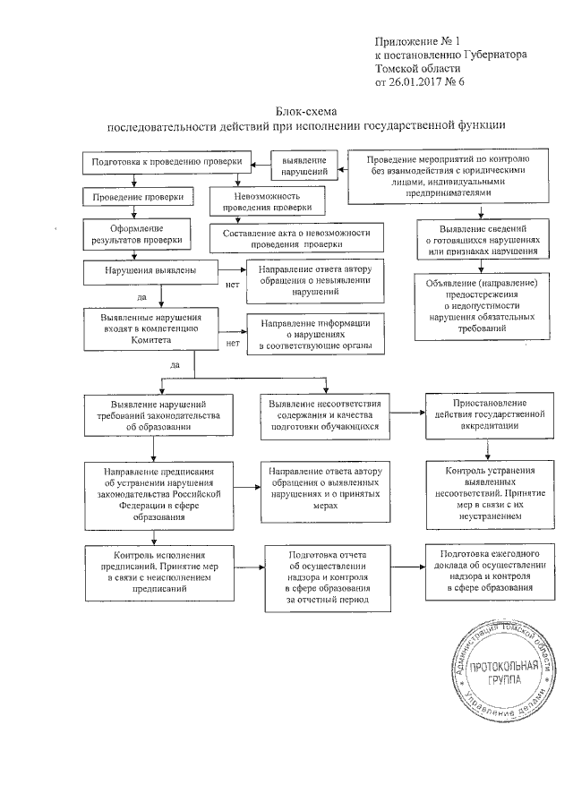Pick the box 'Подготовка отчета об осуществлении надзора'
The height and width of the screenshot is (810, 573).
coord(327,577)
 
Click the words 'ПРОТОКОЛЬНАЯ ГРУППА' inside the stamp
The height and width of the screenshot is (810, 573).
coord(507,672)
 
